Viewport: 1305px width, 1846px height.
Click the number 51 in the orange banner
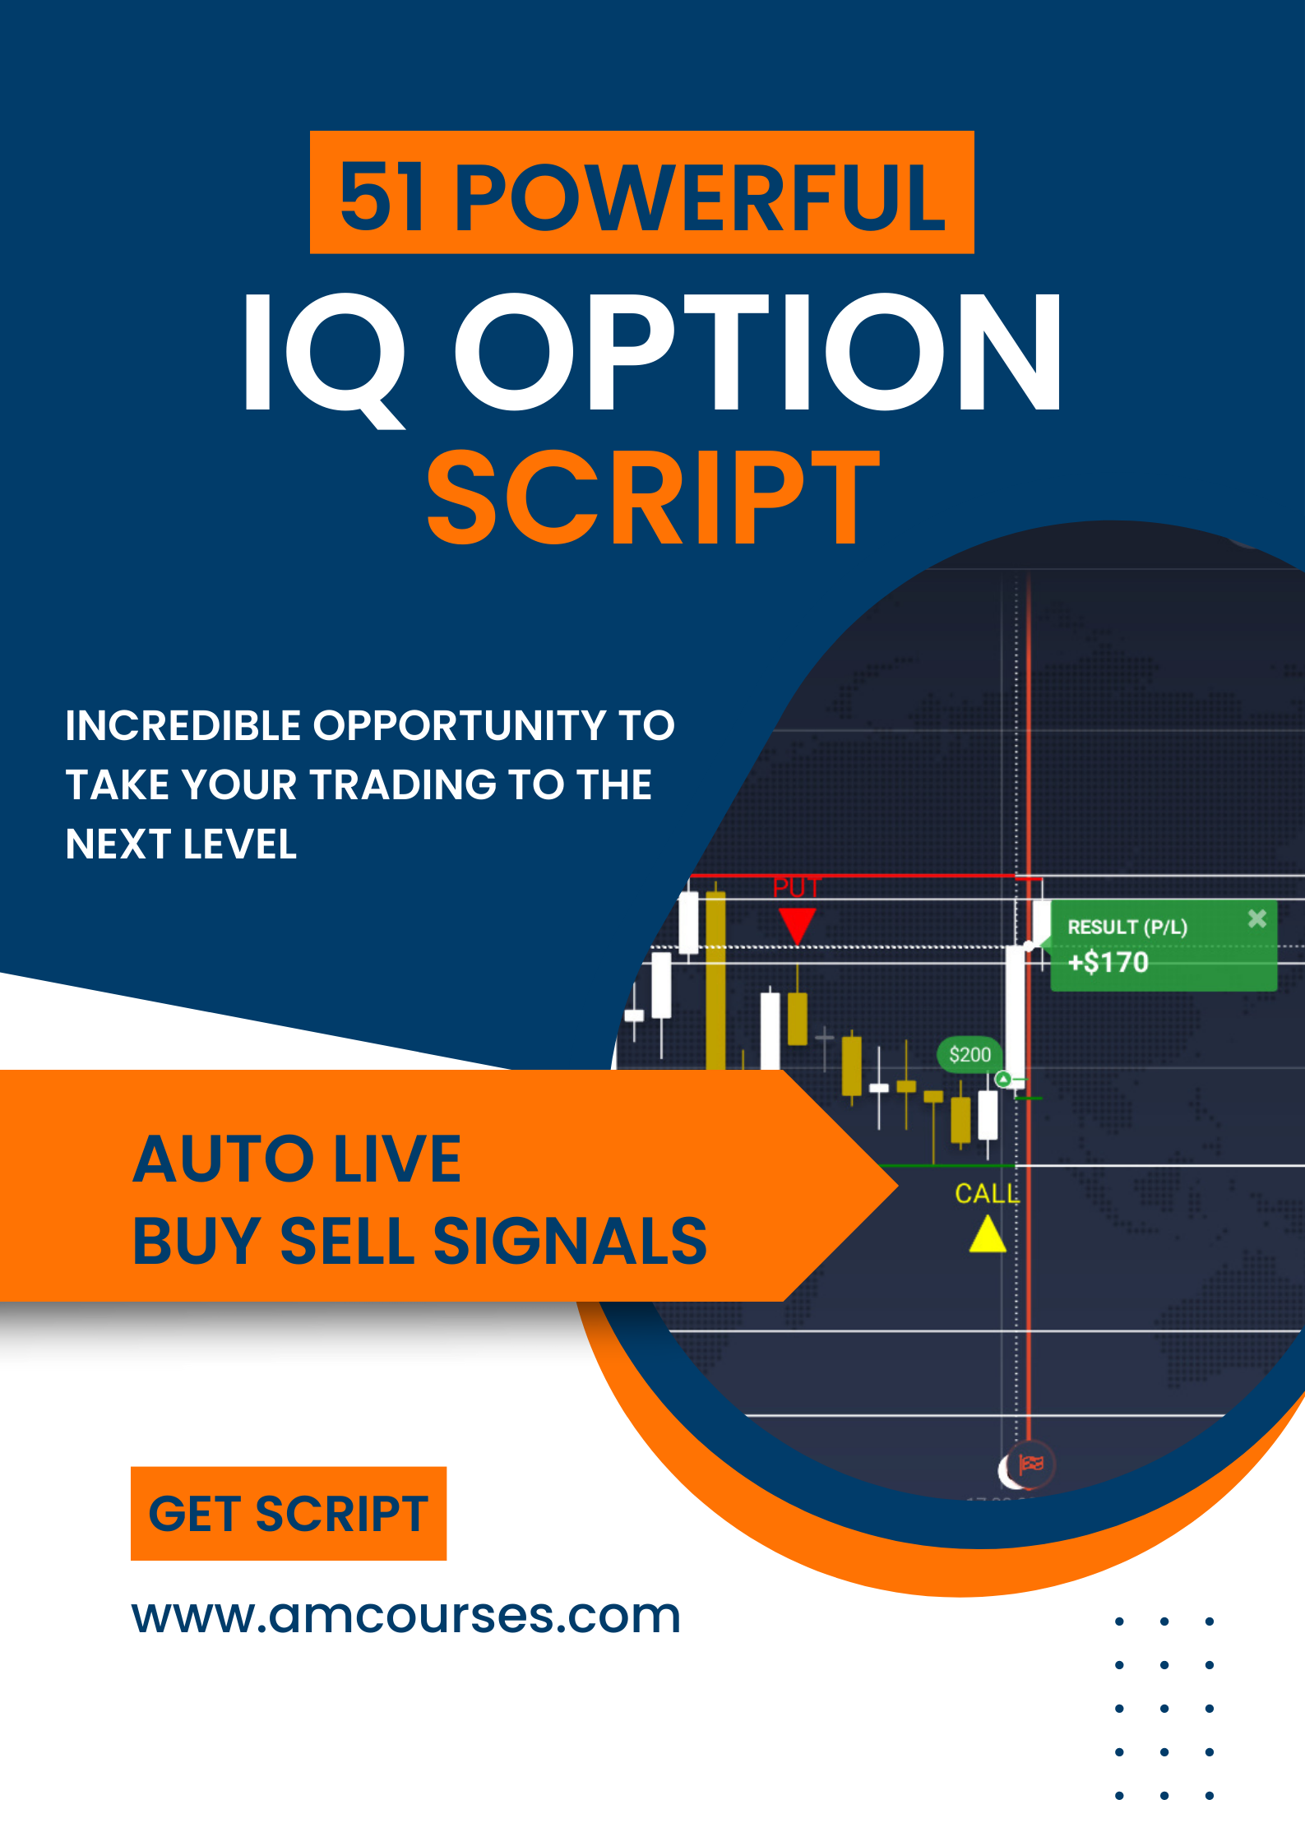coord(382,197)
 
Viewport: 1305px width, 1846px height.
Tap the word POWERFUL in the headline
coord(699,197)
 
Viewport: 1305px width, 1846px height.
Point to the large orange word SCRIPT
coord(653,497)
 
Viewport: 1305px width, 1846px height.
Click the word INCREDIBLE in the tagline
coord(183,726)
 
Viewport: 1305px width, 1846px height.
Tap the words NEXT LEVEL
coord(181,844)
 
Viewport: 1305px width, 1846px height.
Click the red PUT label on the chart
coord(796,888)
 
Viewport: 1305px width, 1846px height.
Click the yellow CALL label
coord(986,1193)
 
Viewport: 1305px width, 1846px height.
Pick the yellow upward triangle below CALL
coord(987,1235)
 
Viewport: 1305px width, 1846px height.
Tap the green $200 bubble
coord(969,1055)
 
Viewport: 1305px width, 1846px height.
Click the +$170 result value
coord(1108,962)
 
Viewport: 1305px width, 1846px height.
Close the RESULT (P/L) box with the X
coord(1256,918)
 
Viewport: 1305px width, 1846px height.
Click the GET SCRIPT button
coord(289,1514)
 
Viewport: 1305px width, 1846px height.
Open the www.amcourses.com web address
coord(406,1616)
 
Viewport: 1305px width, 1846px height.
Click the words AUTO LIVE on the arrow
coord(297,1159)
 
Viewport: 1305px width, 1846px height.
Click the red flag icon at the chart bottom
coord(1030,1464)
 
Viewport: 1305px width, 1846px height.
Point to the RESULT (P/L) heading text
coord(1127,928)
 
